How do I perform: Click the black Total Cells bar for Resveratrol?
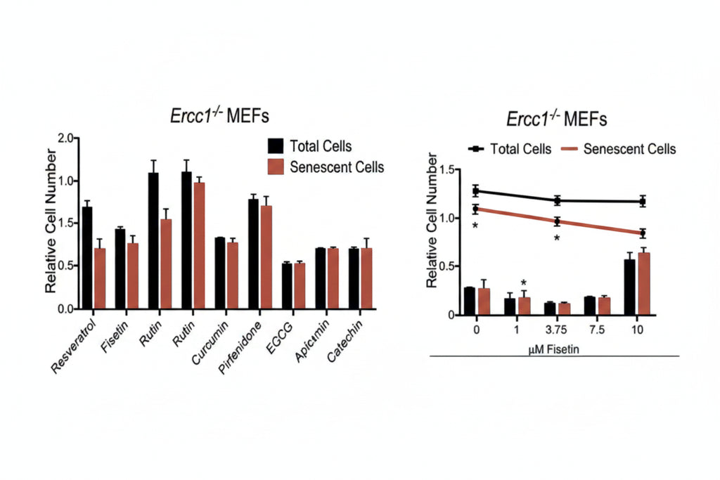tap(86, 257)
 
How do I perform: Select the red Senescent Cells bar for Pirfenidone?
tap(266, 257)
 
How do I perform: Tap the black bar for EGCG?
tap(287, 286)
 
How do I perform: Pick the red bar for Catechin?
tap(366, 278)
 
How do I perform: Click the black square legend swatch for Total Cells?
tap(276, 145)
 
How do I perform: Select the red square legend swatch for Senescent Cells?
tap(276, 167)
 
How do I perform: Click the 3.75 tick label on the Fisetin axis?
tap(556, 330)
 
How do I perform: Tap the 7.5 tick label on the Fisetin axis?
tap(597, 330)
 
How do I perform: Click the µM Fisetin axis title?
tap(554, 349)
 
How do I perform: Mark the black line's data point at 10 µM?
tap(643, 202)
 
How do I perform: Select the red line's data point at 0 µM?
tap(476, 209)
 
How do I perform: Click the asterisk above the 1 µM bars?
tap(523, 283)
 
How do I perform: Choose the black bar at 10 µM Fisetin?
tap(629, 287)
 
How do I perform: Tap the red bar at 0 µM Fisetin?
tap(484, 301)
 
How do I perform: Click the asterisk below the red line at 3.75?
tap(557, 238)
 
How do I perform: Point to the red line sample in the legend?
tap(569, 149)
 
